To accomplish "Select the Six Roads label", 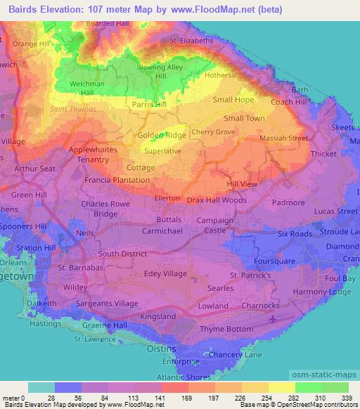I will click(295, 234).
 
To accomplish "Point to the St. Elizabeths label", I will click(191, 41).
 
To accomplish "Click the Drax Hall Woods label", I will click(217, 200).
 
